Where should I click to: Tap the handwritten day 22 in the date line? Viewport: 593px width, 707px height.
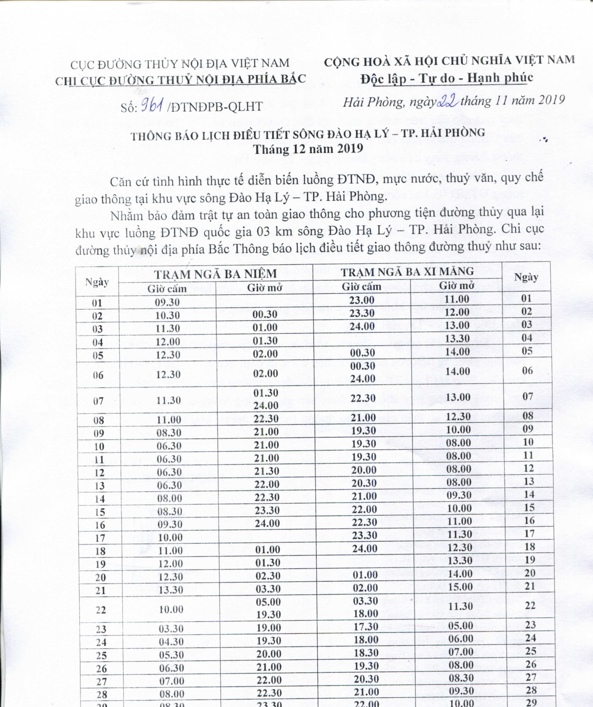[x=448, y=102]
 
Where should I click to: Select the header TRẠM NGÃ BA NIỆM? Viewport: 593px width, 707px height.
[x=215, y=274]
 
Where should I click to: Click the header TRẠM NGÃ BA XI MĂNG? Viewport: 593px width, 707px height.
[x=407, y=271]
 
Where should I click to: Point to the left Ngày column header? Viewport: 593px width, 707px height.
[x=97, y=282]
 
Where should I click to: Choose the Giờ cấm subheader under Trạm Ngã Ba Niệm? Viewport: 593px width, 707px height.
[x=167, y=289]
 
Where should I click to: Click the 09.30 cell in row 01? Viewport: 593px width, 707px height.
[x=167, y=302]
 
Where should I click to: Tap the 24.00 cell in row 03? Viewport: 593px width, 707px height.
[x=362, y=326]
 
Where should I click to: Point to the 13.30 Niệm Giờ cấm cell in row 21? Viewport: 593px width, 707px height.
[x=171, y=590]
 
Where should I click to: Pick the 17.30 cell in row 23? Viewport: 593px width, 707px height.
[x=366, y=626]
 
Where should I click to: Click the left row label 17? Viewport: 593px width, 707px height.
[x=100, y=538]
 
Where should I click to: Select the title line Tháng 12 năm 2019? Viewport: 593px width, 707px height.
[x=308, y=149]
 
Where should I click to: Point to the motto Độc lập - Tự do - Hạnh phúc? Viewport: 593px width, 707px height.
[x=447, y=78]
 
